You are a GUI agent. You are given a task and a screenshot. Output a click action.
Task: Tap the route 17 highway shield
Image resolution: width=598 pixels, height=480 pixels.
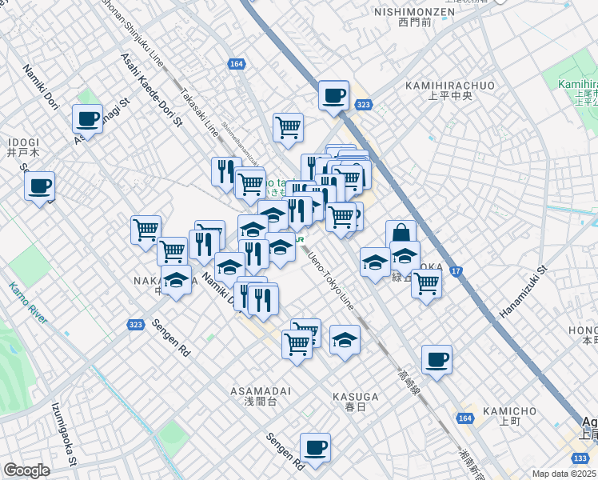tap(456, 271)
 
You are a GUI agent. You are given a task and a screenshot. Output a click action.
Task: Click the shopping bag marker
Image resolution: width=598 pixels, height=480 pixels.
tap(401, 234)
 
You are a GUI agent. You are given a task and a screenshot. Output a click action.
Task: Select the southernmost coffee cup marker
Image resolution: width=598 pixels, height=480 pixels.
tap(315, 447)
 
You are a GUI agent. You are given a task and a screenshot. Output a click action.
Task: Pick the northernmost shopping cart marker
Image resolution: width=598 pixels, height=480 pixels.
tap(288, 126)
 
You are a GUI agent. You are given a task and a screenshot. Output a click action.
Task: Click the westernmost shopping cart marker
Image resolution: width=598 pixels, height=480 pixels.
tap(146, 230)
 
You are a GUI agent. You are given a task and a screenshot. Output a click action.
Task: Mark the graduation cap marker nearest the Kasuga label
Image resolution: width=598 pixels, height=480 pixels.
tap(345, 339)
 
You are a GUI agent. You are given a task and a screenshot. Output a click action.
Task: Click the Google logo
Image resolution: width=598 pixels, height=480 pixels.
tap(27, 470)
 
